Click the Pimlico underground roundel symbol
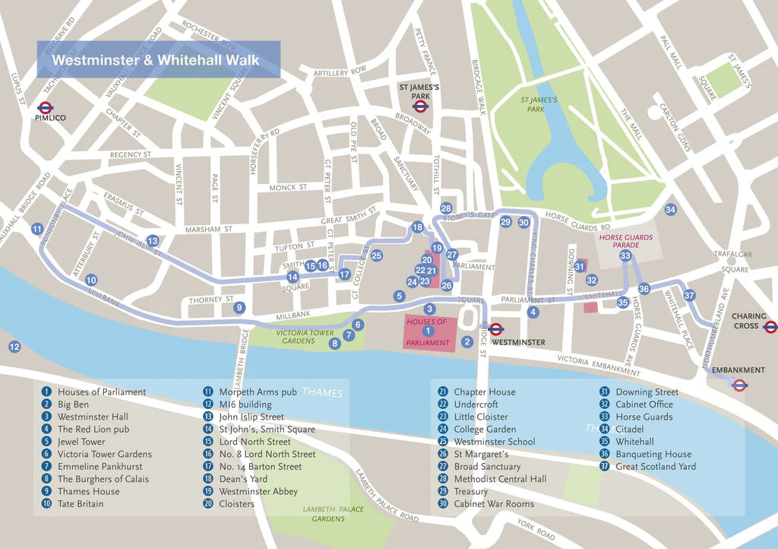[x=45, y=107]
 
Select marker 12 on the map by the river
[x=14, y=347]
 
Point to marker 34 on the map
[x=669, y=210]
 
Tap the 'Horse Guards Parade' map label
[x=625, y=242]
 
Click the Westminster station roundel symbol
[x=496, y=329]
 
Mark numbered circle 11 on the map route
[x=37, y=229]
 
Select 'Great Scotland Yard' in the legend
[x=655, y=466]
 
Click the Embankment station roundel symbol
[x=738, y=384]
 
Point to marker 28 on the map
[x=446, y=208]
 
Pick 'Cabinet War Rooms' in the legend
[x=494, y=503]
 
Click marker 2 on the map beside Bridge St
[x=467, y=342]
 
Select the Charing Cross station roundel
[x=770, y=327]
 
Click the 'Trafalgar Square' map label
[x=732, y=262]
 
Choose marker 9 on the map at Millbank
[x=239, y=308]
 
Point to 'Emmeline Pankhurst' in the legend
[x=100, y=466]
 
